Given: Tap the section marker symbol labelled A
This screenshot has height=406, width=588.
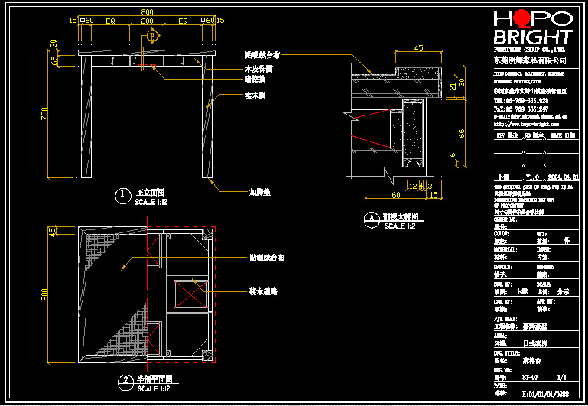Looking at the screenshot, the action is (153, 36).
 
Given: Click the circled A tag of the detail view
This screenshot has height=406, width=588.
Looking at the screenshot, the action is (371, 218).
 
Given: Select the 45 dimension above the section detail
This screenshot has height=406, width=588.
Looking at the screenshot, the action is (418, 48).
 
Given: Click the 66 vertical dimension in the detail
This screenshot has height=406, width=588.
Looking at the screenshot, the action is (461, 133).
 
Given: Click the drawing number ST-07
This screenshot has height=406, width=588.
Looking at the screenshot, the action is (529, 376).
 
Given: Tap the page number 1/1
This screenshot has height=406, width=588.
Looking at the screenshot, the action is (562, 376).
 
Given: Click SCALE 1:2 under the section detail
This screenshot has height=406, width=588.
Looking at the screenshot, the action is (399, 226).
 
